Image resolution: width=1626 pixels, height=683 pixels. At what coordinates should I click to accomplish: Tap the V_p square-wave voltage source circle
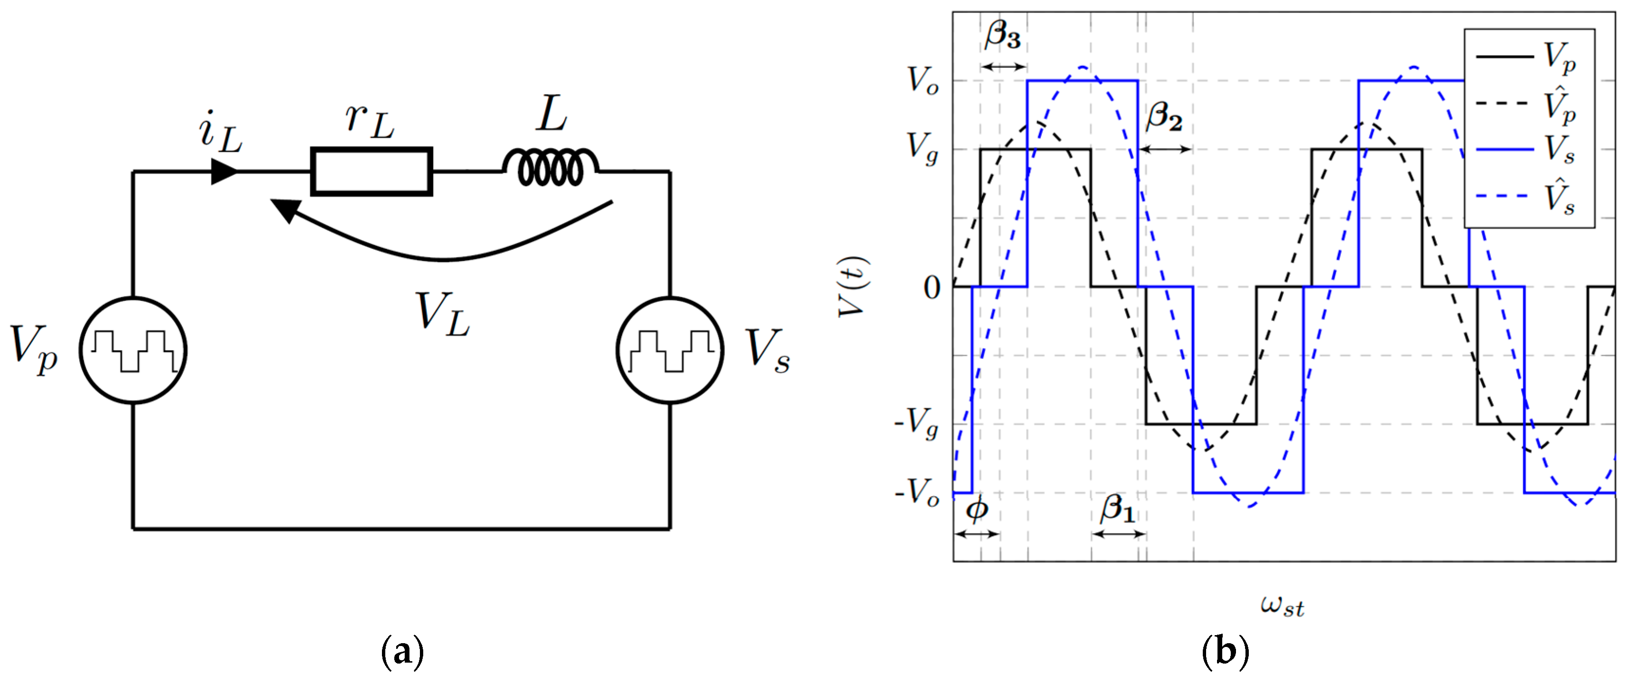(x=133, y=350)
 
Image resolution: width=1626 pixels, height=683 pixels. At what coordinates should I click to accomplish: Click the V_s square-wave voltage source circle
(x=670, y=350)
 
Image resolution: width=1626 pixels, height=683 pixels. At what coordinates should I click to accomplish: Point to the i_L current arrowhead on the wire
(x=223, y=171)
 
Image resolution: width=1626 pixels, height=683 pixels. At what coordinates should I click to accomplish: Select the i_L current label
(x=220, y=132)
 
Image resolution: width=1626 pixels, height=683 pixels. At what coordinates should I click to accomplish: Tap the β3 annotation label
(x=1003, y=35)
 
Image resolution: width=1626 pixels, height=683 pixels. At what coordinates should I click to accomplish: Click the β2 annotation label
(x=1164, y=117)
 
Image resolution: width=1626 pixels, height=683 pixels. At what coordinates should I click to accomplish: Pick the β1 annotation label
(x=1117, y=508)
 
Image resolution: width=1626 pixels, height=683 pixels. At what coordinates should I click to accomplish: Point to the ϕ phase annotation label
(x=976, y=508)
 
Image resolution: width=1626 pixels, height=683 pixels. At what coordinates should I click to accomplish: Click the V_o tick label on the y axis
(x=922, y=81)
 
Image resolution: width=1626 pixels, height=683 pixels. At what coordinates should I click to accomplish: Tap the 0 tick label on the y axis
(x=932, y=288)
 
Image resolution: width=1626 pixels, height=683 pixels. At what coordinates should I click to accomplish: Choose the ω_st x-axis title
(x=1282, y=605)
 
